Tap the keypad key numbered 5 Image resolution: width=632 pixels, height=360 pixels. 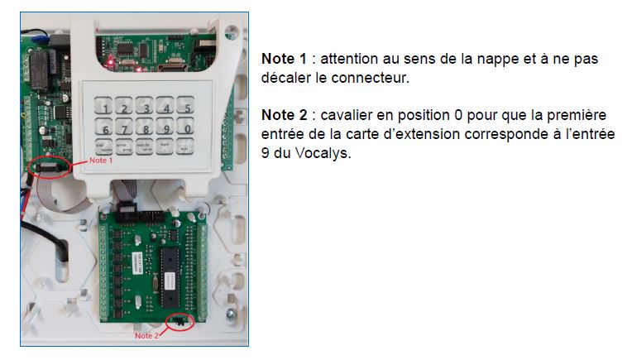tap(188, 108)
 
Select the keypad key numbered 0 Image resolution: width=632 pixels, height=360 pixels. tap(188, 128)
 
